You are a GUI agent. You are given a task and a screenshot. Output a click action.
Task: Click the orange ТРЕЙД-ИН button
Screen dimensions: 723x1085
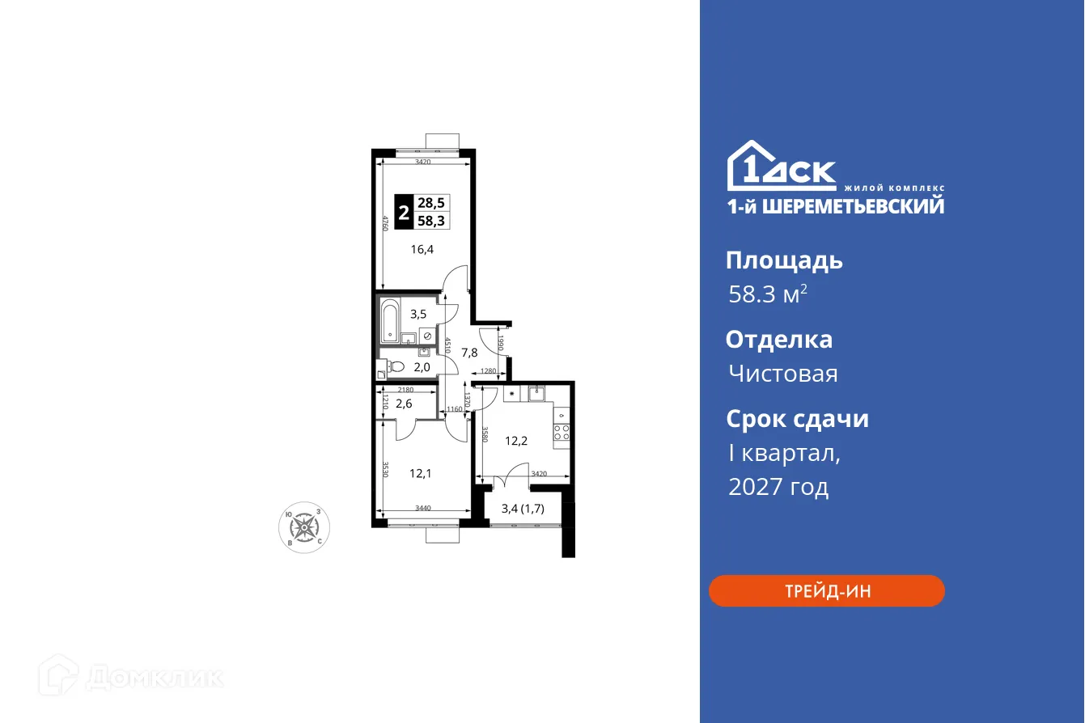826,591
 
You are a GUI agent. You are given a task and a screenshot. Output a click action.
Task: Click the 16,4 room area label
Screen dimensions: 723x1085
422,250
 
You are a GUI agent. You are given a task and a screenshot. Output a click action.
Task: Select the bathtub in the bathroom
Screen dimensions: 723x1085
389,320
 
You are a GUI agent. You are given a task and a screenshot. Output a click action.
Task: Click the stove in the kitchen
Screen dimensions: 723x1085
562,432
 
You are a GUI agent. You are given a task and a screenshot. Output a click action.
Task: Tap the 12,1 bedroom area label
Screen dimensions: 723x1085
420,474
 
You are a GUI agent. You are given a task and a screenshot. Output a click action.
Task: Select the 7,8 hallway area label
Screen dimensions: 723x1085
469,353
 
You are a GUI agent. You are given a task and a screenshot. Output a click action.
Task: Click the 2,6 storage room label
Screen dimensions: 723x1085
404,404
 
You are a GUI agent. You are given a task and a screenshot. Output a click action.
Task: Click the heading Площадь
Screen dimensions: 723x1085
784,260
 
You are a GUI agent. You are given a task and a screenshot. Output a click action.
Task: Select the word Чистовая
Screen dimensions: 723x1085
782,374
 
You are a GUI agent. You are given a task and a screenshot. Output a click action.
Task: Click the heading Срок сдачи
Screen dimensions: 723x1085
797,419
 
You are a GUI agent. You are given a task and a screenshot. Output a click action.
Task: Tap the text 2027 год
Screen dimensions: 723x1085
778,488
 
